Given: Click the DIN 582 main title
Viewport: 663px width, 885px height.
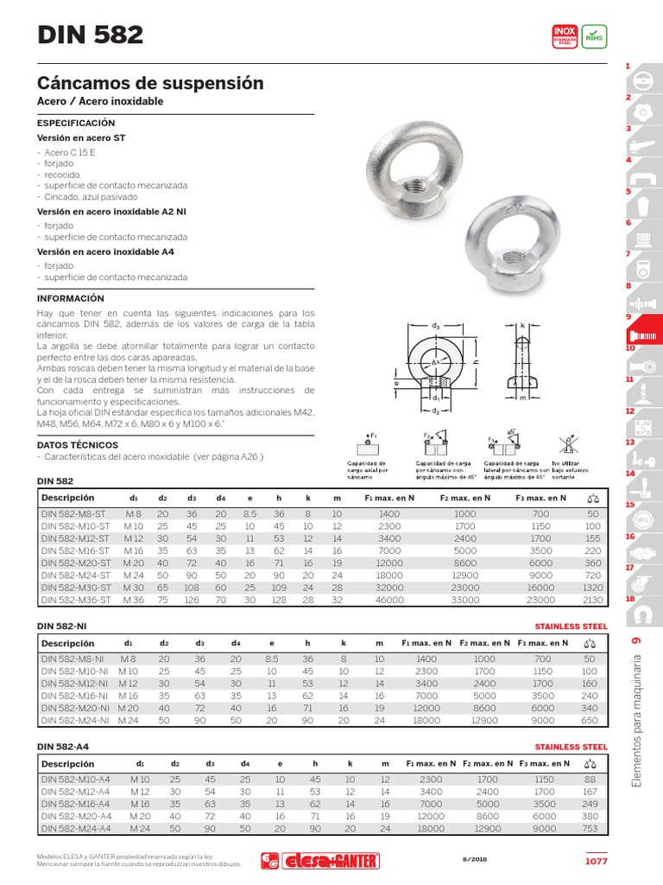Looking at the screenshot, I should (x=90, y=35).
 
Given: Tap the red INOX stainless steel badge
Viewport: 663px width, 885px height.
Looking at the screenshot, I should (x=564, y=36).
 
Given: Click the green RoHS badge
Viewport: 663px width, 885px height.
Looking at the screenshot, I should (x=594, y=36).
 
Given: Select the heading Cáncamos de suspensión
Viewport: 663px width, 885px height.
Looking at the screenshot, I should (x=149, y=83).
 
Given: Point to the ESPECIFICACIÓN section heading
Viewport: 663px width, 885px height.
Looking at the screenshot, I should (x=75, y=124).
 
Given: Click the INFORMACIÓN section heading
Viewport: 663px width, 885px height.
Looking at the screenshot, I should (x=71, y=297).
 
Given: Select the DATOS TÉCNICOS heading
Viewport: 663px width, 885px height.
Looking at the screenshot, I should (x=78, y=445).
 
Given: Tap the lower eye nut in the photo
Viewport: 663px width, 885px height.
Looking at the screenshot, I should (x=502, y=234).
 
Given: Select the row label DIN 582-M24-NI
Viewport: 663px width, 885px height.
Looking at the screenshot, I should (x=75, y=719).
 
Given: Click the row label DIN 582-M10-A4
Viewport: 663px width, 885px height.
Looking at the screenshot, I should (x=76, y=779).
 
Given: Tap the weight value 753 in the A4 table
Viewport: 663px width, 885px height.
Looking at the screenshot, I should (x=590, y=827).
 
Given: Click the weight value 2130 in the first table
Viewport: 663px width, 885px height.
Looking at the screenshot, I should (x=591, y=599).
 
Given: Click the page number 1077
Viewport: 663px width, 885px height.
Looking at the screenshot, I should (x=596, y=861).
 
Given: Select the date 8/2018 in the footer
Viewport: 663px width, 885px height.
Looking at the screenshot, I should (x=476, y=859).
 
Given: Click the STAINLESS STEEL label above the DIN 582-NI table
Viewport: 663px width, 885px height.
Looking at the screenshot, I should (x=571, y=626).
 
